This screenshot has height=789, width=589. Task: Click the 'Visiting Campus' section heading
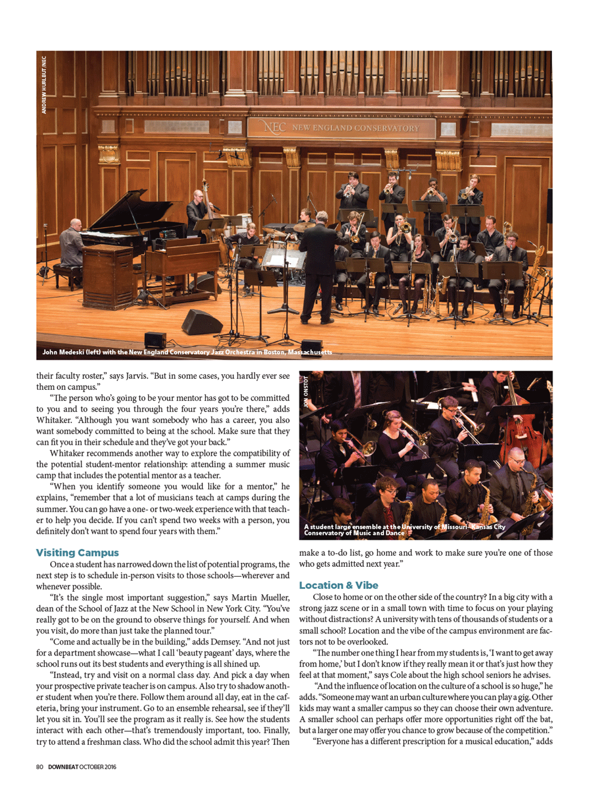77,552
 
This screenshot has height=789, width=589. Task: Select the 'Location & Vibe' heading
338,585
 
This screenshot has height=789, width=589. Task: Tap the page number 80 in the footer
40,766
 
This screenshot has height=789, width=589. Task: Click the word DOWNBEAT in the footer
63,766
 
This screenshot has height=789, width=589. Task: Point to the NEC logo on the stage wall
275,127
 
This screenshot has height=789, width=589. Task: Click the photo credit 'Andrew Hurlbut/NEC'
44,85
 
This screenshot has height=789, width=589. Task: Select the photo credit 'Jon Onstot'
306,391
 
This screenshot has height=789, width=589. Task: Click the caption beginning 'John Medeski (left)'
187,352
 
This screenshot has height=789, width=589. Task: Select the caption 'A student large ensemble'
404,529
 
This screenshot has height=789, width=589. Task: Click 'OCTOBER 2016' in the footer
98,766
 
